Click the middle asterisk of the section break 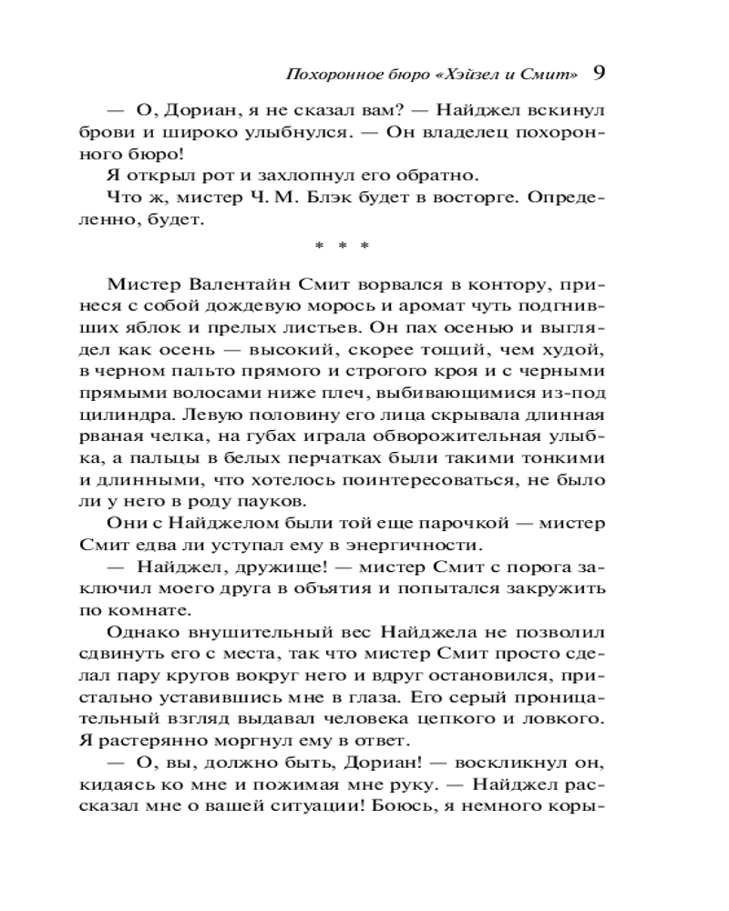[x=340, y=245]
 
